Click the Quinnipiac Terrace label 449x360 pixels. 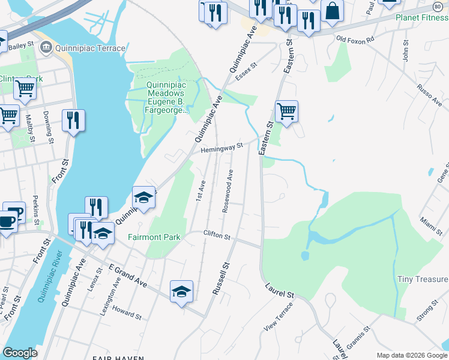click(x=90, y=48)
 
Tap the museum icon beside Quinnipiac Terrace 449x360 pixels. click(x=45, y=47)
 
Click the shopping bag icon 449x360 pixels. click(x=332, y=11)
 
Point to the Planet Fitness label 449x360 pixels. click(x=422, y=17)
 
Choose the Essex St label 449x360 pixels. click(x=246, y=74)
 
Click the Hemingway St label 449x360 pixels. click(x=221, y=147)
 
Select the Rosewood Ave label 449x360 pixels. click(x=228, y=190)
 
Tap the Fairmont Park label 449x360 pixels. click(x=154, y=237)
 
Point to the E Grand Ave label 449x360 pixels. click(x=128, y=274)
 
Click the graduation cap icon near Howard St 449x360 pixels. click(x=181, y=292)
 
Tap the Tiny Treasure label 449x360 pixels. click(x=423, y=279)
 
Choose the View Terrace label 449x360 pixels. click(x=279, y=317)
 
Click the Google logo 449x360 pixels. click(x=20, y=353)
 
